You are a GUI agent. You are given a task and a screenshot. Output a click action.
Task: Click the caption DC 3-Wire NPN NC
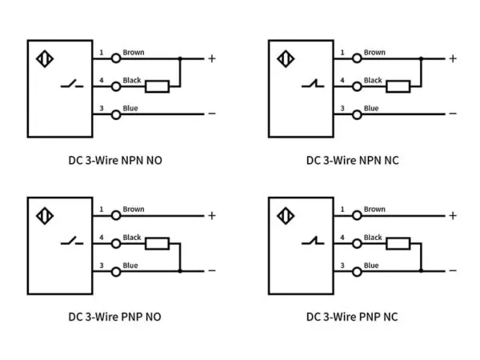pos(352,159)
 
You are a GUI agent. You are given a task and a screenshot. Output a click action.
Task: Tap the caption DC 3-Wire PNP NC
pos(352,316)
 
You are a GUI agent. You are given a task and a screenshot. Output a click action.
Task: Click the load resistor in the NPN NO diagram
pos(157,86)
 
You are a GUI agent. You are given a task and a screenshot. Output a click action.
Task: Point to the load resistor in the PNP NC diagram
pos(398,243)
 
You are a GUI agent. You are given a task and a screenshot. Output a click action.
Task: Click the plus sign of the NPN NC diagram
pos(452,58)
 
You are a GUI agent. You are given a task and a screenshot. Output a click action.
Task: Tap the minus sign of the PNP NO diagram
pos(212,270)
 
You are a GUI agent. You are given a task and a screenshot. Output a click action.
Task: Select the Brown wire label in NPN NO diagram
pos(134,53)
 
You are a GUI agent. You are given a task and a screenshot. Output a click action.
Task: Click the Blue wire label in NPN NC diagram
pos(371,108)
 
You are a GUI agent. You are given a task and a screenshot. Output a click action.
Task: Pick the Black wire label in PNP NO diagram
pos(132,238)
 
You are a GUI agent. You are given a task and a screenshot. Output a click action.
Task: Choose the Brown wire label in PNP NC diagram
pos(374,210)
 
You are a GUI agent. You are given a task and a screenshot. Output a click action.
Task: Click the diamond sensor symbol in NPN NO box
pos(44,60)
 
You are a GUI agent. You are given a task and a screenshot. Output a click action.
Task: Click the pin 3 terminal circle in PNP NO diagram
pos(116,271)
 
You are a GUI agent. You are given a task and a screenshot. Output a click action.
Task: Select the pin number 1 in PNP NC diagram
pos(342,210)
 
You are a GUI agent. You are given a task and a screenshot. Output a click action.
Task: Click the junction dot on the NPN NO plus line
pos(180,58)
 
